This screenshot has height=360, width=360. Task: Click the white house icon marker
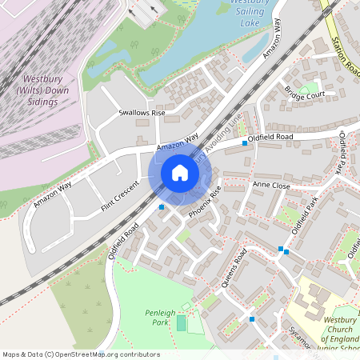click(x=180, y=173)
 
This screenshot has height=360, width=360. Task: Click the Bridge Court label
click(x=303, y=95)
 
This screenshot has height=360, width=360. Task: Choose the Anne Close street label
click(x=270, y=185)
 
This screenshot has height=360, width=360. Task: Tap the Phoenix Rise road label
click(x=205, y=203)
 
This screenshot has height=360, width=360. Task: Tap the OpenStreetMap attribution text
click(x=81, y=354)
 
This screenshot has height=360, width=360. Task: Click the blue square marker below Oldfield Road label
click(x=245, y=142)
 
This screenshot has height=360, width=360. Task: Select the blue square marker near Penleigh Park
click(x=253, y=319)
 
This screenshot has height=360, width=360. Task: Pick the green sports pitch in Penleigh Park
click(x=181, y=323)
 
